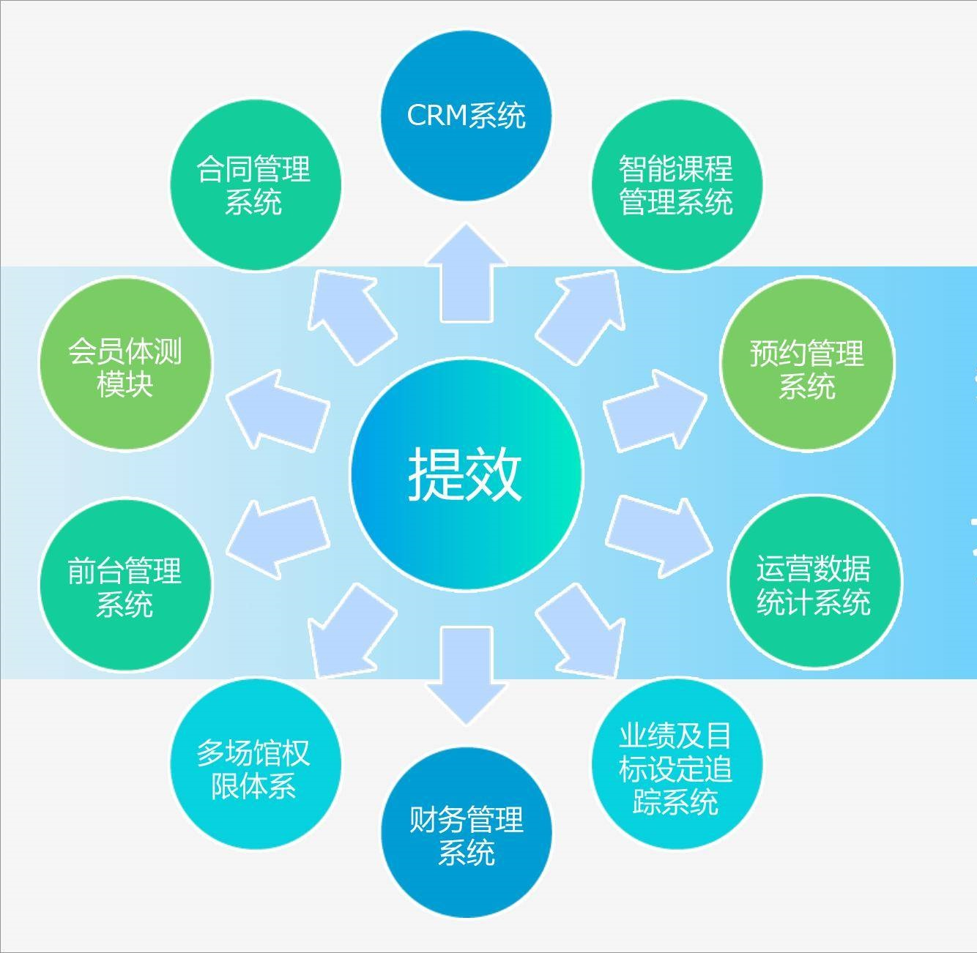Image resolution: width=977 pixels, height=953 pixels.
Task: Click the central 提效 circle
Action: click(466, 474)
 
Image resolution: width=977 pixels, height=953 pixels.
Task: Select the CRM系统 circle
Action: click(466, 116)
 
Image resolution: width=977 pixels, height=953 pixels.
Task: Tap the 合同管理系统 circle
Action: click(255, 185)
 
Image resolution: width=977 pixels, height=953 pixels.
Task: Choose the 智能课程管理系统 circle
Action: click(676, 185)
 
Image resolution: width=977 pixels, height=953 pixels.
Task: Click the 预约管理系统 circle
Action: click(807, 364)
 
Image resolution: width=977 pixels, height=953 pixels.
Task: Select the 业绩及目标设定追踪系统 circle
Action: click(676, 765)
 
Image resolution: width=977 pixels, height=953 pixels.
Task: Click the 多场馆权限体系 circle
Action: click(255, 765)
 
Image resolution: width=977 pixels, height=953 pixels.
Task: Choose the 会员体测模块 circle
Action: click(125, 364)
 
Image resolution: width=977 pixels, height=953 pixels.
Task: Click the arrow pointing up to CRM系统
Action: click(467, 278)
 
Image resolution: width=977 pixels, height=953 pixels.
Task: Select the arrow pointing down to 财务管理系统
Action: click(467, 672)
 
